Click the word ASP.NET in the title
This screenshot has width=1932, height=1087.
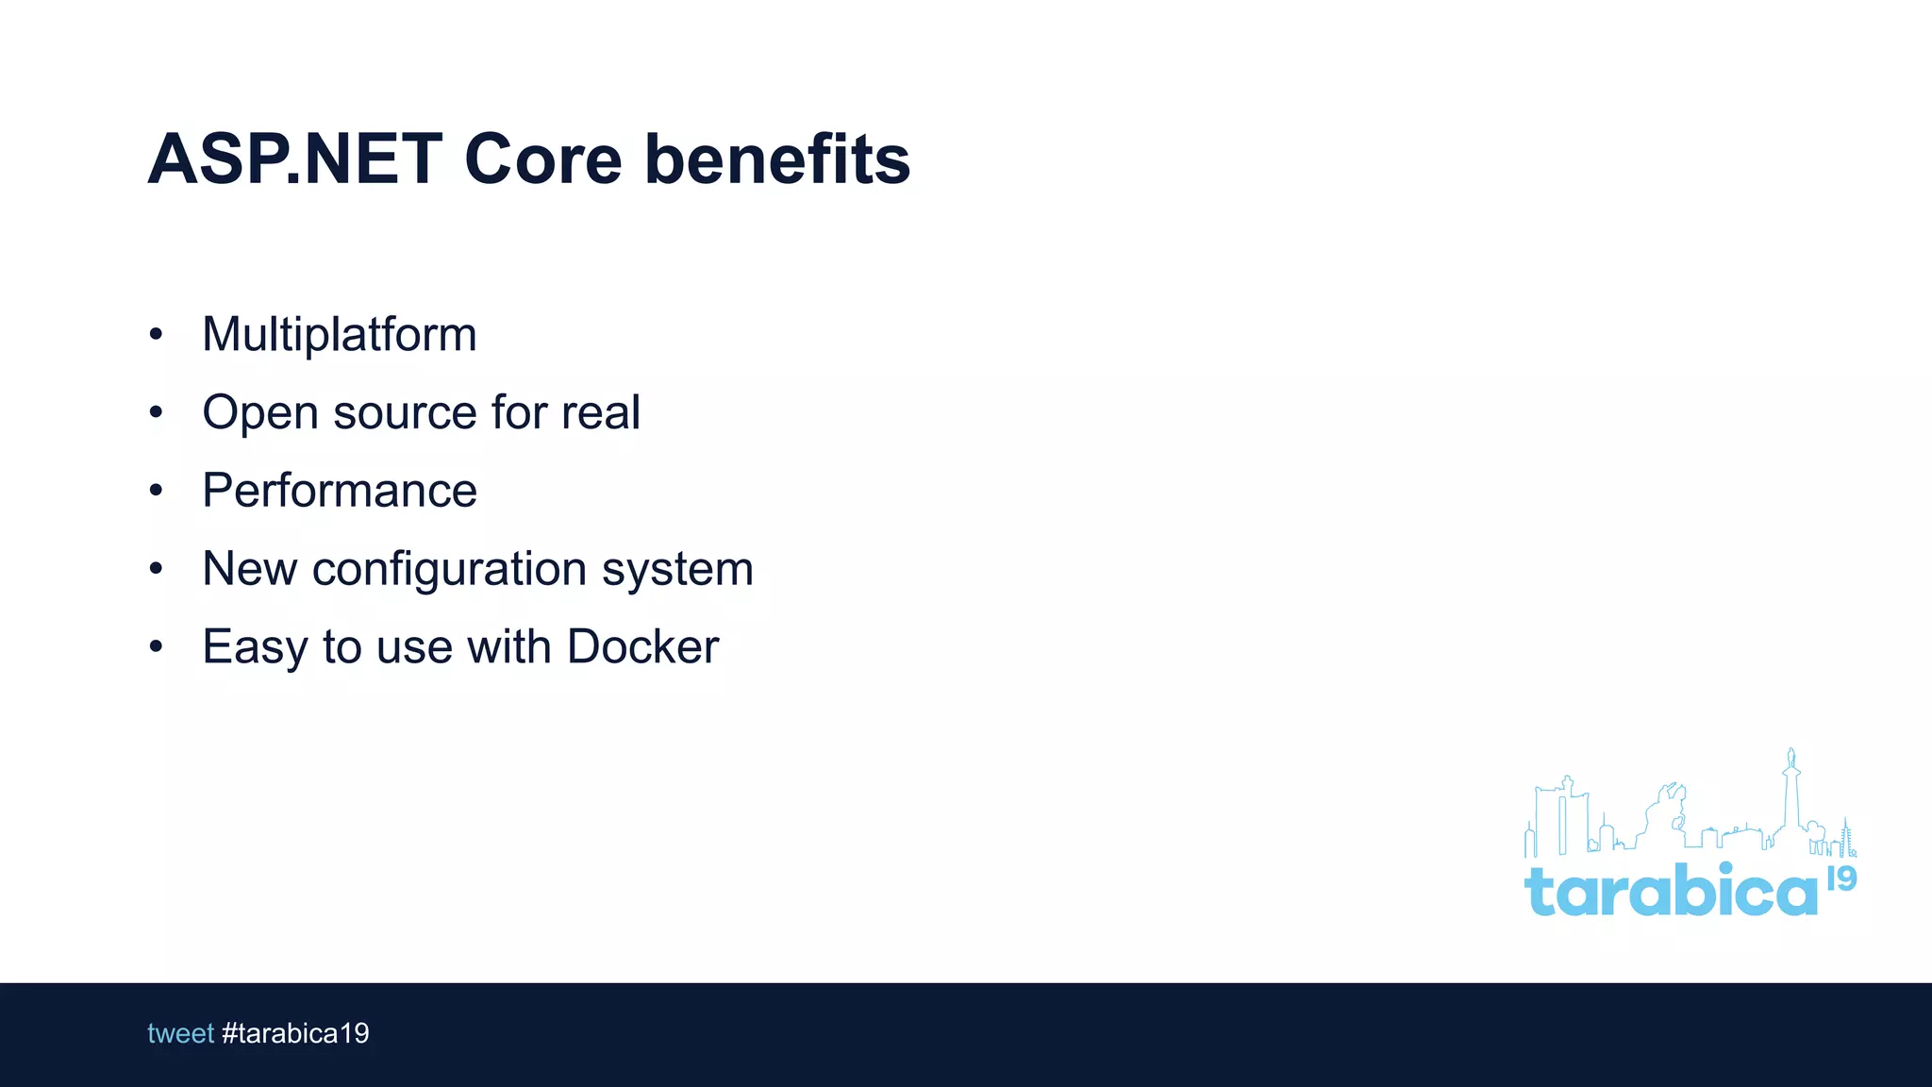point(294,159)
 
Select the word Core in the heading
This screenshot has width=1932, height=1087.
point(542,159)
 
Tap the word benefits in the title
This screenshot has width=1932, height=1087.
point(777,159)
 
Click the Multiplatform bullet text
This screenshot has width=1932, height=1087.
point(339,335)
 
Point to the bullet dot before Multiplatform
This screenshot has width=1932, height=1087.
point(156,334)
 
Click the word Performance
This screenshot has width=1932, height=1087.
point(339,491)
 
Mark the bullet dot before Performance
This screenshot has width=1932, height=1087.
point(156,490)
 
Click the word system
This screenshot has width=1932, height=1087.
point(677,570)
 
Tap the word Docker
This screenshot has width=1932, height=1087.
point(642,647)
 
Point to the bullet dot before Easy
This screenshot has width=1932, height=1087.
point(156,646)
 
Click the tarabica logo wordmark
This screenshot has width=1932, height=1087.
point(1670,891)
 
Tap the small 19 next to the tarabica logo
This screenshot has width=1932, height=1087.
point(1841,878)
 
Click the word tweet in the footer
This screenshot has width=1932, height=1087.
point(180,1033)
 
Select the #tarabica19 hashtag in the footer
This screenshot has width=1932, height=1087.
point(295,1033)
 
